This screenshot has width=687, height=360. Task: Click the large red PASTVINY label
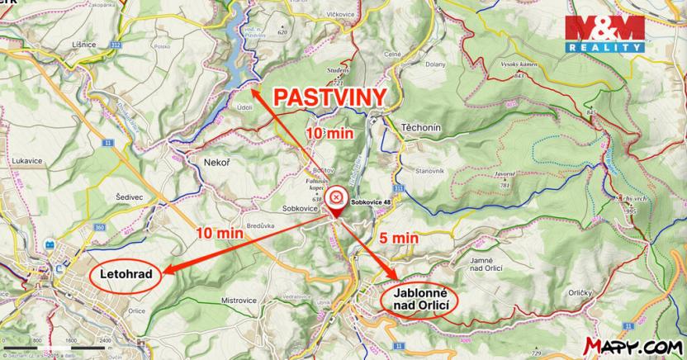tap(329, 97)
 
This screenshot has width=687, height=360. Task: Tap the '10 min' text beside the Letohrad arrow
tap(220, 234)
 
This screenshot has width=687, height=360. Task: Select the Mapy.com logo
tap(632, 343)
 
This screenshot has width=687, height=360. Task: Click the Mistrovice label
tap(238, 300)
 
